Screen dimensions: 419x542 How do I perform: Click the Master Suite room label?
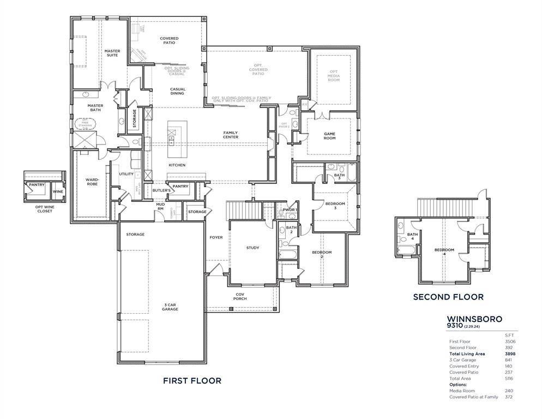pos(112,53)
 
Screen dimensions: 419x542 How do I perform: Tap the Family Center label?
pos(230,135)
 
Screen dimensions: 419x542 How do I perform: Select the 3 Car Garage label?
pos(170,307)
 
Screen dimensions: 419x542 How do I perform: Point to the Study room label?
pos(252,248)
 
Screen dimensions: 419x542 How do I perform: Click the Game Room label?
pos(329,136)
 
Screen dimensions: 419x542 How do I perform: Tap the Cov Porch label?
pos(240,296)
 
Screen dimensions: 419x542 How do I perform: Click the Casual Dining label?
pos(177,91)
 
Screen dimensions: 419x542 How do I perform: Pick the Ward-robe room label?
pos(91,182)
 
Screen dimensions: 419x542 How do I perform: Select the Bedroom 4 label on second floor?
pos(444,252)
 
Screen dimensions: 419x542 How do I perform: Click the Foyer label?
pos(216,237)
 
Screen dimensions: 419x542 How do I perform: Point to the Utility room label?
pos(126,174)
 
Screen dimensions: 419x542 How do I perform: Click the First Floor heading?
pos(192,381)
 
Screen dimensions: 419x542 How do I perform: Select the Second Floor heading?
pos(448,297)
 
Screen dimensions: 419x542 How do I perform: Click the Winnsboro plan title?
pos(474,319)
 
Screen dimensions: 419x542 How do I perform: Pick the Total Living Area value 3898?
pos(509,354)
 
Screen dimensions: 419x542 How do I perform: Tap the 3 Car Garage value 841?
pos(509,360)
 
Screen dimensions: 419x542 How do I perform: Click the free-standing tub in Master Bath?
pos(85,123)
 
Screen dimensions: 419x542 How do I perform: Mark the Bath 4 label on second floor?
pos(412,236)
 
